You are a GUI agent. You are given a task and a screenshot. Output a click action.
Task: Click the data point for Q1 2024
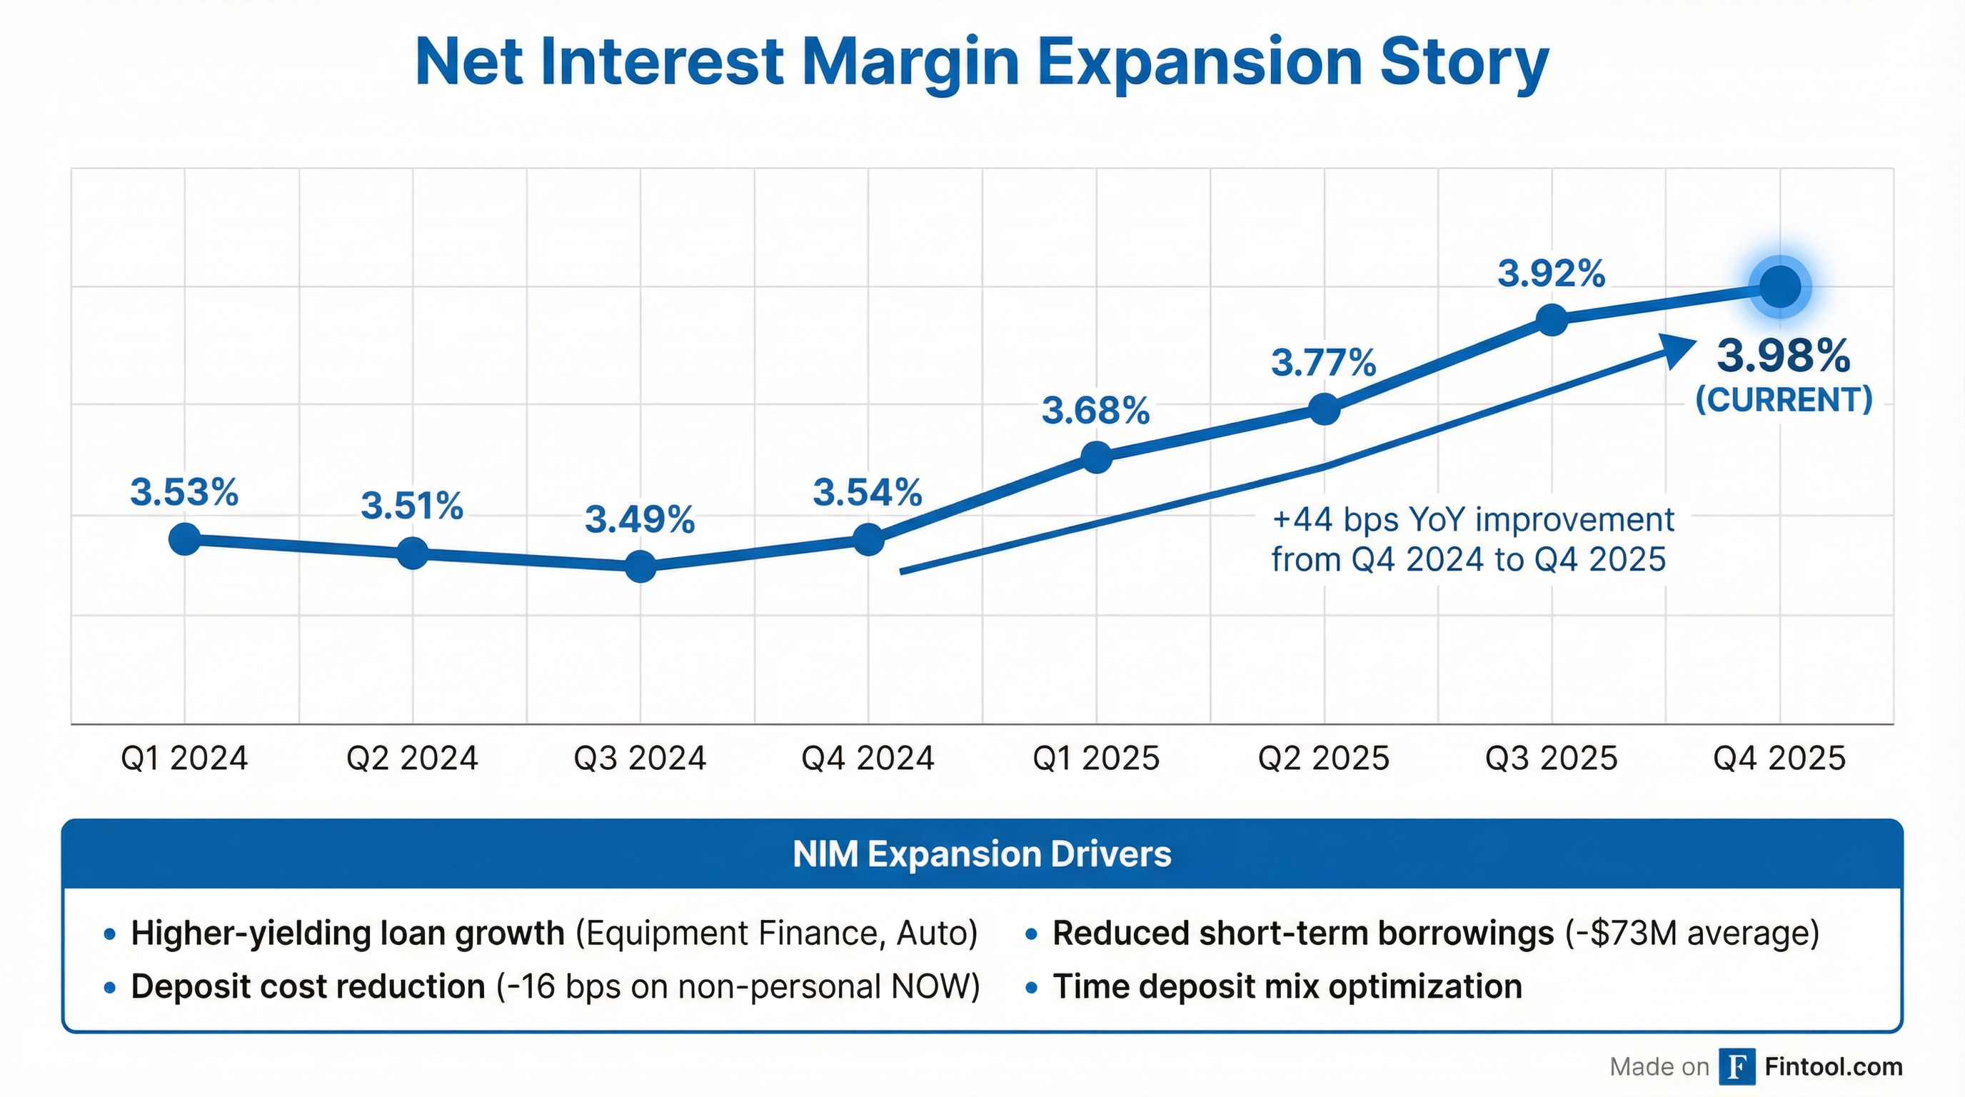pos(185,539)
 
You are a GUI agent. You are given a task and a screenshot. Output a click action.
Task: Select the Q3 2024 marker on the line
pos(640,566)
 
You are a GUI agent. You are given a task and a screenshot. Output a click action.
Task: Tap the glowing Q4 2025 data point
pos(1779,288)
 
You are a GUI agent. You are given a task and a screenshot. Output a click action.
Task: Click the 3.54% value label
pos(868,492)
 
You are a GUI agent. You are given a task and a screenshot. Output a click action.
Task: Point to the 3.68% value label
pos(1095,411)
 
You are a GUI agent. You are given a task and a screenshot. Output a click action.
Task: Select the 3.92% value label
pos(1551,274)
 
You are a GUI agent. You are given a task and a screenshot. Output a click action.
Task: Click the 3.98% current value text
pos(1784,356)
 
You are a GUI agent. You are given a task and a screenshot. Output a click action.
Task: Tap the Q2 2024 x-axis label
pos(412,758)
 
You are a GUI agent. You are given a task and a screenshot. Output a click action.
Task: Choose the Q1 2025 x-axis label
pos(1095,758)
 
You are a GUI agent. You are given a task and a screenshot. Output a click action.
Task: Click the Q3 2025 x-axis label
pos(1551,758)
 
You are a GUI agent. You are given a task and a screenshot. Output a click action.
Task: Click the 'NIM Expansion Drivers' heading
pos(982,853)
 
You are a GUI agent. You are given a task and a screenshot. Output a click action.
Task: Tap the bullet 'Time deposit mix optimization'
pos(1287,986)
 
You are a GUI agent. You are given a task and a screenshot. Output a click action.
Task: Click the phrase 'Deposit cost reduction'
pos(308,986)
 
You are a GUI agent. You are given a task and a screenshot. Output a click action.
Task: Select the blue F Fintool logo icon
pos(1737,1066)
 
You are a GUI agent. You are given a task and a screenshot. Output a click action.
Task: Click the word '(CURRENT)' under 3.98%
pos(1784,400)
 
